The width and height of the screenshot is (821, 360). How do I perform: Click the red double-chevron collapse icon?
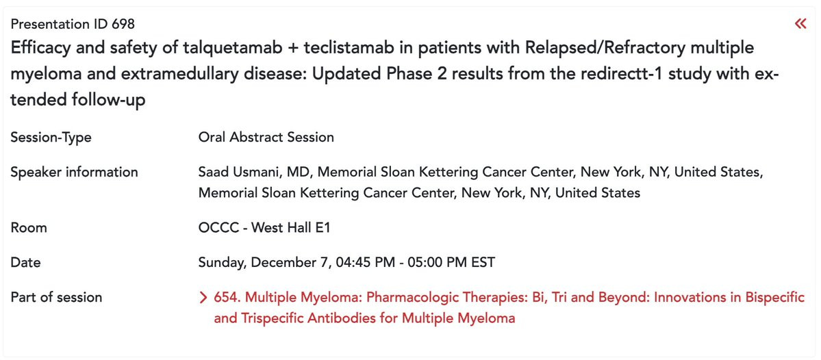(800, 23)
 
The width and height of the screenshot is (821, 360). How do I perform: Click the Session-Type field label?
(51, 138)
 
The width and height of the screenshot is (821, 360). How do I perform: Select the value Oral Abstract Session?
(266, 137)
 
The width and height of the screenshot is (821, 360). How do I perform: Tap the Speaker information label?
(75, 172)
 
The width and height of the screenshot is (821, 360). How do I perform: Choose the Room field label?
(28, 228)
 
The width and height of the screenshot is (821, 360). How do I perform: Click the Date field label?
(25, 262)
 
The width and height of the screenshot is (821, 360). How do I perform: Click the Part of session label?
(56, 297)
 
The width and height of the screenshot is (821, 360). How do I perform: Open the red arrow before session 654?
(203, 298)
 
